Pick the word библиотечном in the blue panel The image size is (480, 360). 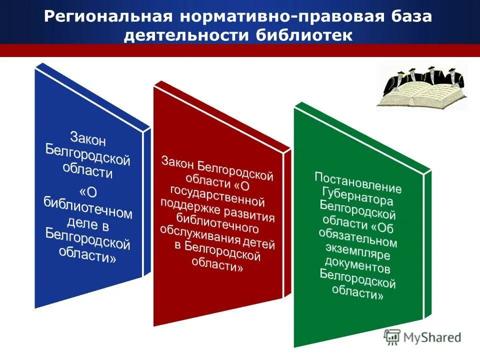pyautogui.click(x=87, y=207)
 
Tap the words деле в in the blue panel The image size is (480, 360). pyautogui.click(x=87, y=222)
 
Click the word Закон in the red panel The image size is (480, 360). pyautogui.click(x=177, y=162)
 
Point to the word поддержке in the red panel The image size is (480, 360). pyautogui.click(x=185, y=205)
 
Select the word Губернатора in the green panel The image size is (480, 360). pyautogui.click(x=357, y=195)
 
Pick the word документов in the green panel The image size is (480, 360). pyautogui.click(x=357, y=263)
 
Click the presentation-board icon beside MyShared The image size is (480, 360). pyautogui.click(x=392, y=337)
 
